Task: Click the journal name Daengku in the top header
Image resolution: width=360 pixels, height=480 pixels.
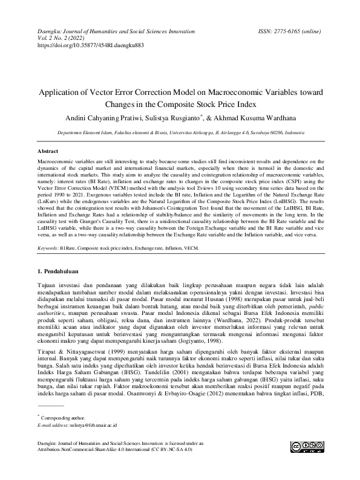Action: pyautogui.click(x=51, y=30)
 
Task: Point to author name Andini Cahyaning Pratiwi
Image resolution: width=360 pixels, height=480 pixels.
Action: pyautogui.click(x=114, y=118)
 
